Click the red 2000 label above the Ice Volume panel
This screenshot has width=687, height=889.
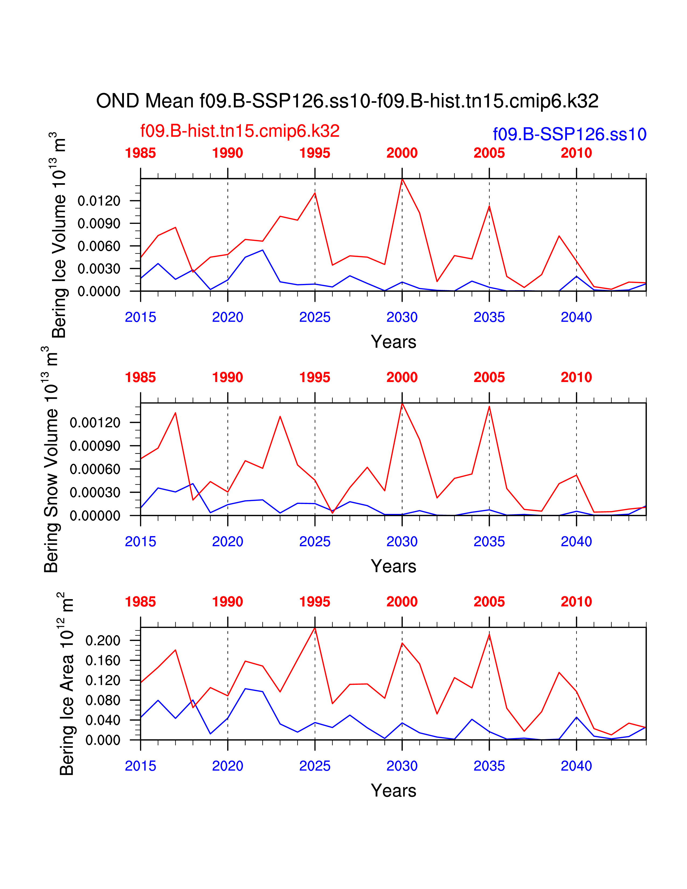402,153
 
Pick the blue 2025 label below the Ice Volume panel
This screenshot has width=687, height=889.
315,317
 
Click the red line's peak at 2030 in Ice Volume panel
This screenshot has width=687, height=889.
402,179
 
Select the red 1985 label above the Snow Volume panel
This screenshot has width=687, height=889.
140,377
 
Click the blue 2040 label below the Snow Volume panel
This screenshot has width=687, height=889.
576,541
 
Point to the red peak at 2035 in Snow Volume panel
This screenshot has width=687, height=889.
489,406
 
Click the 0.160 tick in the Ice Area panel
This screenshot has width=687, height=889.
103,660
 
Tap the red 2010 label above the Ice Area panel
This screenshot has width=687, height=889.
576,602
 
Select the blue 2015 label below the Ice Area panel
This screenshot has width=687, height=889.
140,766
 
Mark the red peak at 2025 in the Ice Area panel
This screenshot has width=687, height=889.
315,628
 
